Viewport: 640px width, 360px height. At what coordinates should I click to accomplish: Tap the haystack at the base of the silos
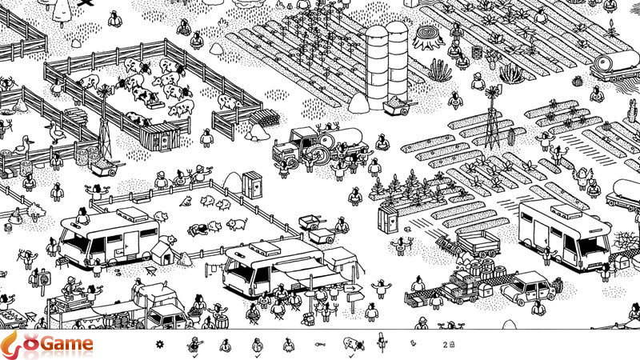tap(358, 103)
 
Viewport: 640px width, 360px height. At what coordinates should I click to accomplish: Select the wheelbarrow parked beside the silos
tap(396, 105)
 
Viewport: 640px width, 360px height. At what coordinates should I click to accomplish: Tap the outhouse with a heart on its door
tap(253, 183)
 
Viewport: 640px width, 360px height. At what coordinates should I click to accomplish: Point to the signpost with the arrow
tap(353, 290)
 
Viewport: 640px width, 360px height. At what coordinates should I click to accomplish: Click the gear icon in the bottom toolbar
tap(159, 345)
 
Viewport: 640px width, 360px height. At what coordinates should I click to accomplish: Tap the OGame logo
tap(48, 345)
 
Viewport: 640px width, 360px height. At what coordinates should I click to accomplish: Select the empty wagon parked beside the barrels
tap(478, 242)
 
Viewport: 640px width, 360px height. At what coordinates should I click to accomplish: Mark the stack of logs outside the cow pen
tap(259, 130)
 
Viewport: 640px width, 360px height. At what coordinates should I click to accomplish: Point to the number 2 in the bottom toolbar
tap(444, 345)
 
